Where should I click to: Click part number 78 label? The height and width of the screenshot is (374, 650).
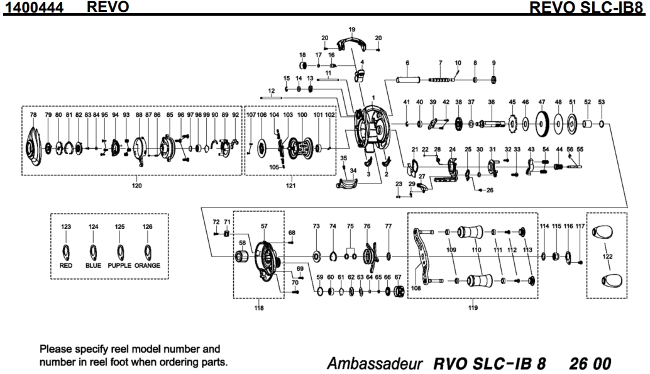(x=33, y=116)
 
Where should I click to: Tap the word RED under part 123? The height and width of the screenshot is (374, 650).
(x=66, y=265)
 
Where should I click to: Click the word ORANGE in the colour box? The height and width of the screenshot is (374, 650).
(x=147, y=265)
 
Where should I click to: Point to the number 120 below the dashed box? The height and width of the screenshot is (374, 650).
(x=136, y=185)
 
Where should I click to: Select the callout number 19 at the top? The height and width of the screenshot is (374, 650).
(x=351, y=30)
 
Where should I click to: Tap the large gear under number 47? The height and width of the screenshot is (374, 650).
(x=541, y=124)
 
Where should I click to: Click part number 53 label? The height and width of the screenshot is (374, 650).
(x=601, y=101)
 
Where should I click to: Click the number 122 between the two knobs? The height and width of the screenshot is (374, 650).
(x=607, y=256)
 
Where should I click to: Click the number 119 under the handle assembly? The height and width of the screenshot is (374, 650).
(x=473, y=308)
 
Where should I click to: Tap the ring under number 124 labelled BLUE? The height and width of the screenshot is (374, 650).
(x=94, y=251)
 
